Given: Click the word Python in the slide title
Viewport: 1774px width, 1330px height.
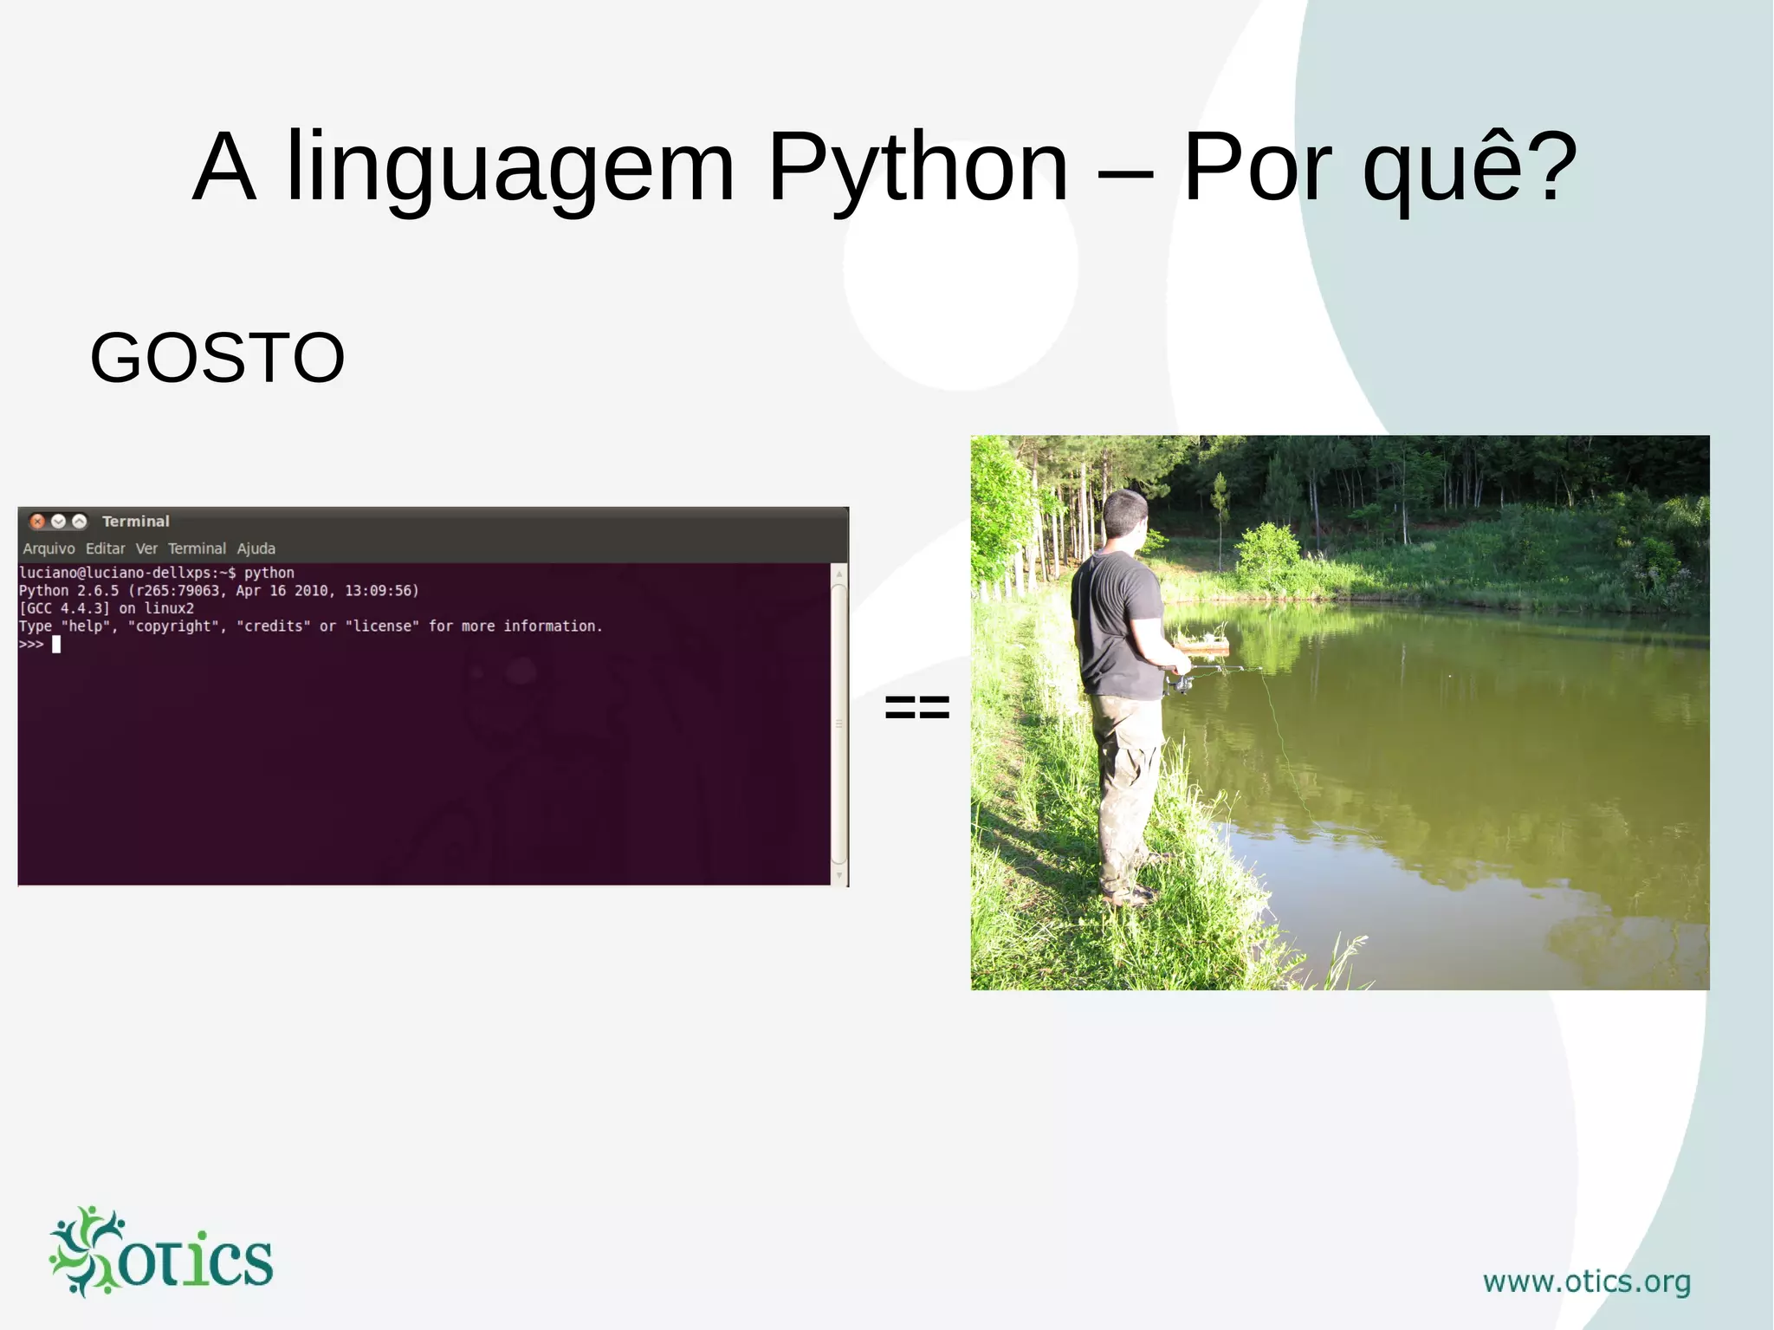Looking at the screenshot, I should (x=917, y=166).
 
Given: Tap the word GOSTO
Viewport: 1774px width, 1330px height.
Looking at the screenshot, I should (x=217, y=357).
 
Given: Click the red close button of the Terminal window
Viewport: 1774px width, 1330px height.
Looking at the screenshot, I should (x=37, y=521).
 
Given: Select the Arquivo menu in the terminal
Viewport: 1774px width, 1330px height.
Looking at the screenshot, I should (x=49, y=548).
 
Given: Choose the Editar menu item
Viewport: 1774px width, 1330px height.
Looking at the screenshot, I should (x=105, y=548).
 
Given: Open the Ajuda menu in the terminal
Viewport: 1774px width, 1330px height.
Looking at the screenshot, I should (x=256, y=548).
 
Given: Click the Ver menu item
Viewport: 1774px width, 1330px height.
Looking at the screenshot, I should (x=146, y=548).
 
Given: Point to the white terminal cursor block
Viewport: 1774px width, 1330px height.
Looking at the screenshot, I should (x=56, y=644).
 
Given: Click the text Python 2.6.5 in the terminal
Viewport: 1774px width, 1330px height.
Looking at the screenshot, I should (x=69, y=591).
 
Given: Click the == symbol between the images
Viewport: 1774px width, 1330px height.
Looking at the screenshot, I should (x=916, y=706).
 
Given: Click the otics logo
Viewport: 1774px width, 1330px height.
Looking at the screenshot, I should (x=161, y=1253).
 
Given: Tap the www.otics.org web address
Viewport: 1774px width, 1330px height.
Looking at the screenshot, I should (x=1586, y=1281).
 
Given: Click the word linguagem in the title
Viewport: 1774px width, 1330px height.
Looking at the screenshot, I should (x=510, y=166).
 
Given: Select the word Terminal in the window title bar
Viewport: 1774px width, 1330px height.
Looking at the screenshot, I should (x=135, y=521).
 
